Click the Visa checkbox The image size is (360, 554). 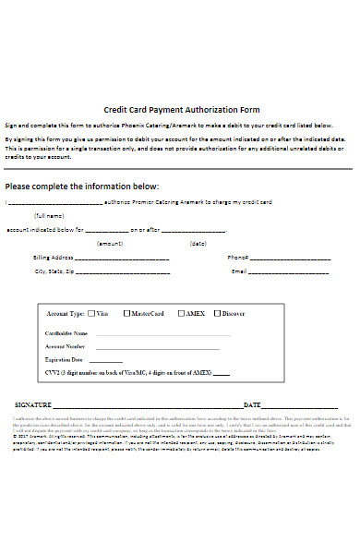92,314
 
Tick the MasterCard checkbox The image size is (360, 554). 127,314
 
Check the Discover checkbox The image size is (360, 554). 218,314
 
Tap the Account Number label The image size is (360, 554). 65,346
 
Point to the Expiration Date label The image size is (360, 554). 65,359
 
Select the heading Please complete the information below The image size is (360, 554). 82,186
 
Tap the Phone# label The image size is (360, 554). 237,258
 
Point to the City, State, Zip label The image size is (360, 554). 54,272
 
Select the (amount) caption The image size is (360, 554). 110,244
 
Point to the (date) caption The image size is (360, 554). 198,244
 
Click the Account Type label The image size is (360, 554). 65,314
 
